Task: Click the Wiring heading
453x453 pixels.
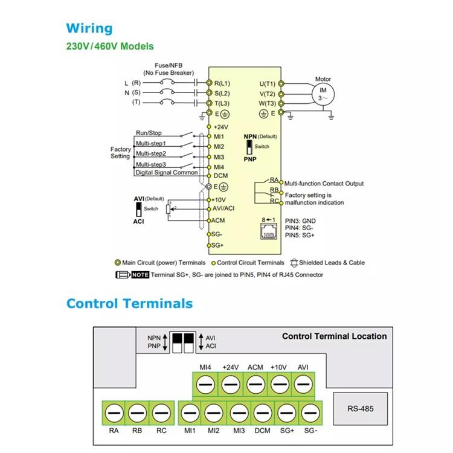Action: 89,28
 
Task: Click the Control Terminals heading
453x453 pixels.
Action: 129,304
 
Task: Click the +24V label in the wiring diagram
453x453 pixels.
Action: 222,127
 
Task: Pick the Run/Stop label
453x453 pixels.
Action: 149,132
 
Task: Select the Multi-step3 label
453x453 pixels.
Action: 150,164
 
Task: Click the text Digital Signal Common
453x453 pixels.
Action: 166,173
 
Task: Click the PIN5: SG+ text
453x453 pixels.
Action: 300,236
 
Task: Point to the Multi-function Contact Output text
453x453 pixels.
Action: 324,183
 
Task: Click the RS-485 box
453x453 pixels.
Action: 360,409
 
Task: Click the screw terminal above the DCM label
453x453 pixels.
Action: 262,413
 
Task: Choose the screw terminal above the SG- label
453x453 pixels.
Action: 310,413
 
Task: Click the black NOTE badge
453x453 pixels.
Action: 140,275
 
